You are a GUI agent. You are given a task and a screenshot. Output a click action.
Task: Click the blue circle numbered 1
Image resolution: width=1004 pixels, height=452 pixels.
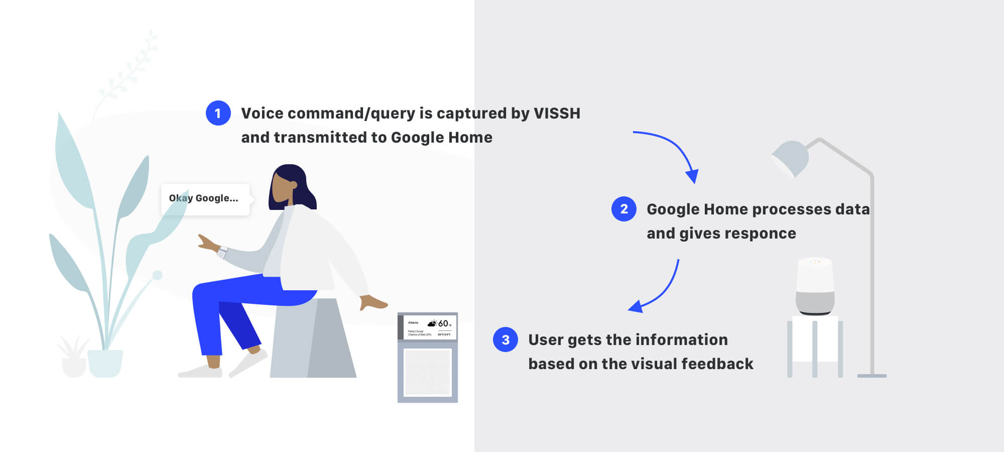[x=218, y=113]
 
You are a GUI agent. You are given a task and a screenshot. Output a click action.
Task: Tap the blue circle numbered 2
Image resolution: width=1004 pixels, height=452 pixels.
[x=623, y=209]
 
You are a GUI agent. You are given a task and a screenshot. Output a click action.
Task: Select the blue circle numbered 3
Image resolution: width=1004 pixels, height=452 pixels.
[x=505, y=340]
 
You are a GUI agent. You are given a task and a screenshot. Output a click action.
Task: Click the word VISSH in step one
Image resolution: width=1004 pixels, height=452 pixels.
[x=557, y=113]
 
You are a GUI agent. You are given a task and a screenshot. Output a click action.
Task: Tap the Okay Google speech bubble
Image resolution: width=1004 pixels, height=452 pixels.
[x=205, y=199]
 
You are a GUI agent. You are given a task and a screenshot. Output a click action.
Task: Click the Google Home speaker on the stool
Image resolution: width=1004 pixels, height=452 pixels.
[x=815, y=286]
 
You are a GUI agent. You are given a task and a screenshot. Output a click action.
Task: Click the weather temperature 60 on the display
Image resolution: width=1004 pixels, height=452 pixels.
[x=443, y=323]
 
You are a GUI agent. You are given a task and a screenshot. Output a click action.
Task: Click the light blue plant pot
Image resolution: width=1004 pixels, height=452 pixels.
[x=105, y=363]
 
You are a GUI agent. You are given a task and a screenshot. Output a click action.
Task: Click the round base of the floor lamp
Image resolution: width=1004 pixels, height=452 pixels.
[x=871, y=376]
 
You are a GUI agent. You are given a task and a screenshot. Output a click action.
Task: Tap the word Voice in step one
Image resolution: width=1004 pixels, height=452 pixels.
[x=262, y=113]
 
